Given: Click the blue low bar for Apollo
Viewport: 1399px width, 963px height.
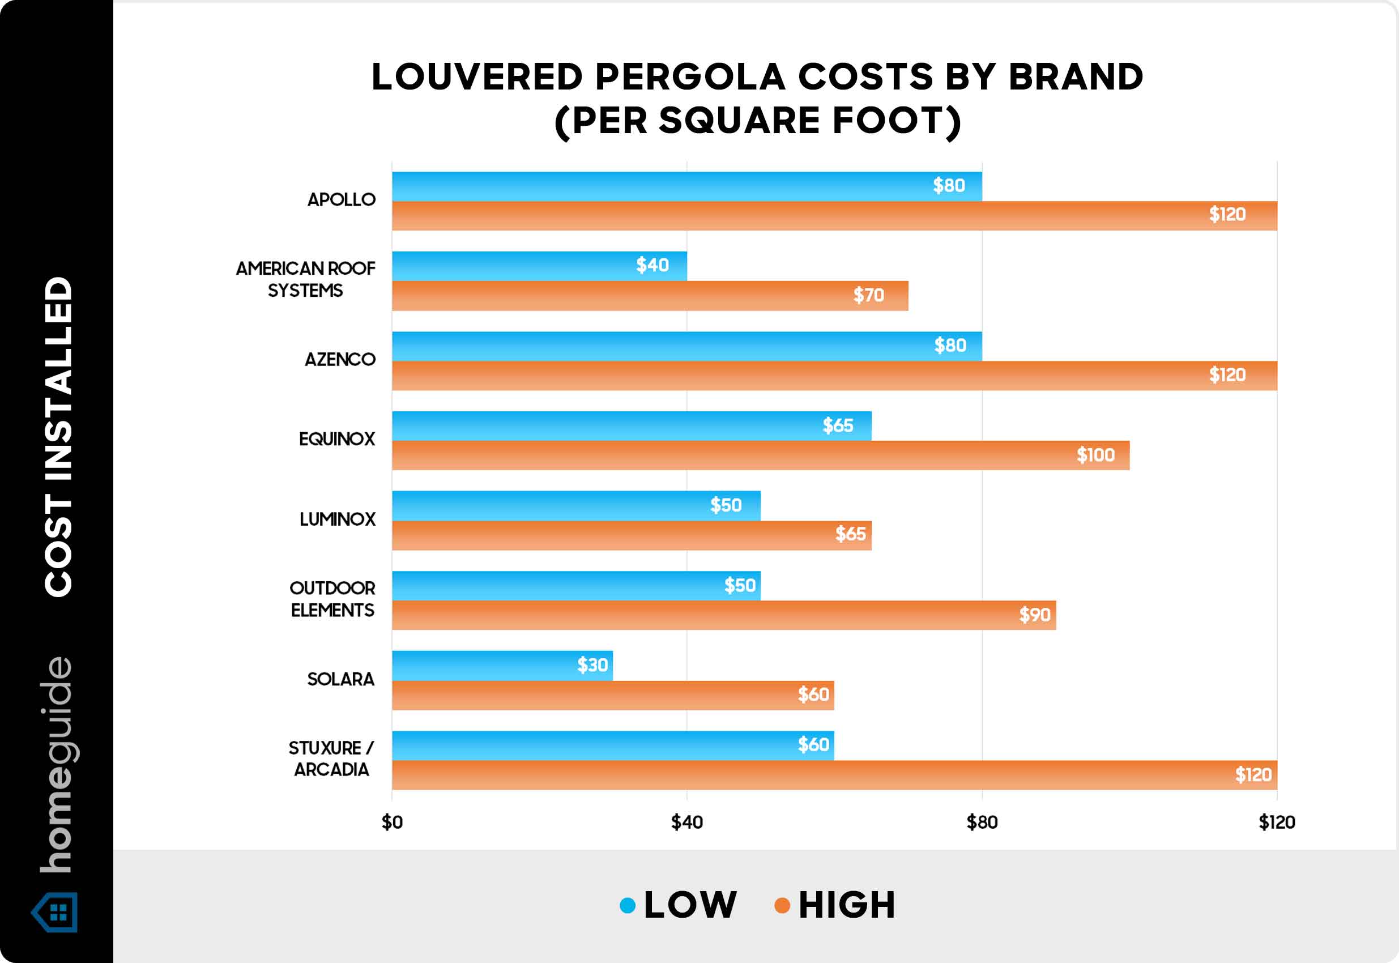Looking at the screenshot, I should pyautogui.click(x=686, y=186).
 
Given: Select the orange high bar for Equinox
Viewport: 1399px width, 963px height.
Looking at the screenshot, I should pyautogui.click(x=760, y=455).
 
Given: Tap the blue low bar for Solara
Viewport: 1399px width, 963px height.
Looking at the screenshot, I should pyautogui.click(x=502, y=666).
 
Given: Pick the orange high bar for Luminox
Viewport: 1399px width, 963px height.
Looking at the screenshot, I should pyautogui.click(x=631, y=535).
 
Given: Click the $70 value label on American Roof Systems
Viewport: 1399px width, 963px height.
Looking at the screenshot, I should pyautogui.click(x=868, y=295).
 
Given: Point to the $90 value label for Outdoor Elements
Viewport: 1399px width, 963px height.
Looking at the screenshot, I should pyautogui.click(x=1035, y=615).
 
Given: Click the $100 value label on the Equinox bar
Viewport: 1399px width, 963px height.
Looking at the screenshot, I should pyautogui.click(x=1095, y=455).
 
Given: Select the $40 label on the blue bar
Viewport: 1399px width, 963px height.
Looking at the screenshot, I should pyautogui.click(x=652, y=265).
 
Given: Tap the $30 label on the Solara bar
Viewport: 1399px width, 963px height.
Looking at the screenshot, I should pyautogui.click(x=592, y=665).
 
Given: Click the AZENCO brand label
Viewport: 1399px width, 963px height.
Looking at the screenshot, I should pyautogui.click(x=340, y=360).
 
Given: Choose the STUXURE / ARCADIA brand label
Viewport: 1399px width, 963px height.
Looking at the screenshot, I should pyautogui.click(x=331, y=759).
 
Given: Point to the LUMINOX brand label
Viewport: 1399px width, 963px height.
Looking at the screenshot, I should pyautogui.click(x=337, y=519).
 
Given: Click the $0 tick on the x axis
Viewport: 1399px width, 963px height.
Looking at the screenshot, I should pyautogui.click(x=392, y=822).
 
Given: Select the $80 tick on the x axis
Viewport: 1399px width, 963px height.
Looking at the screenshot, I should pyautogui.click(x=982, y=822).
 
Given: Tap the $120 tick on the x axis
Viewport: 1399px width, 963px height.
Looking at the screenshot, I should pyautogui.click(x=1277, y=822).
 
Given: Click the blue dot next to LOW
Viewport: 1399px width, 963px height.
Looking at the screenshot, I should pyautogui.click(x=628, y=905).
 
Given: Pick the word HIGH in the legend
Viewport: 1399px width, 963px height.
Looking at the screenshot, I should pyautogui.click(x=847, y=905).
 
